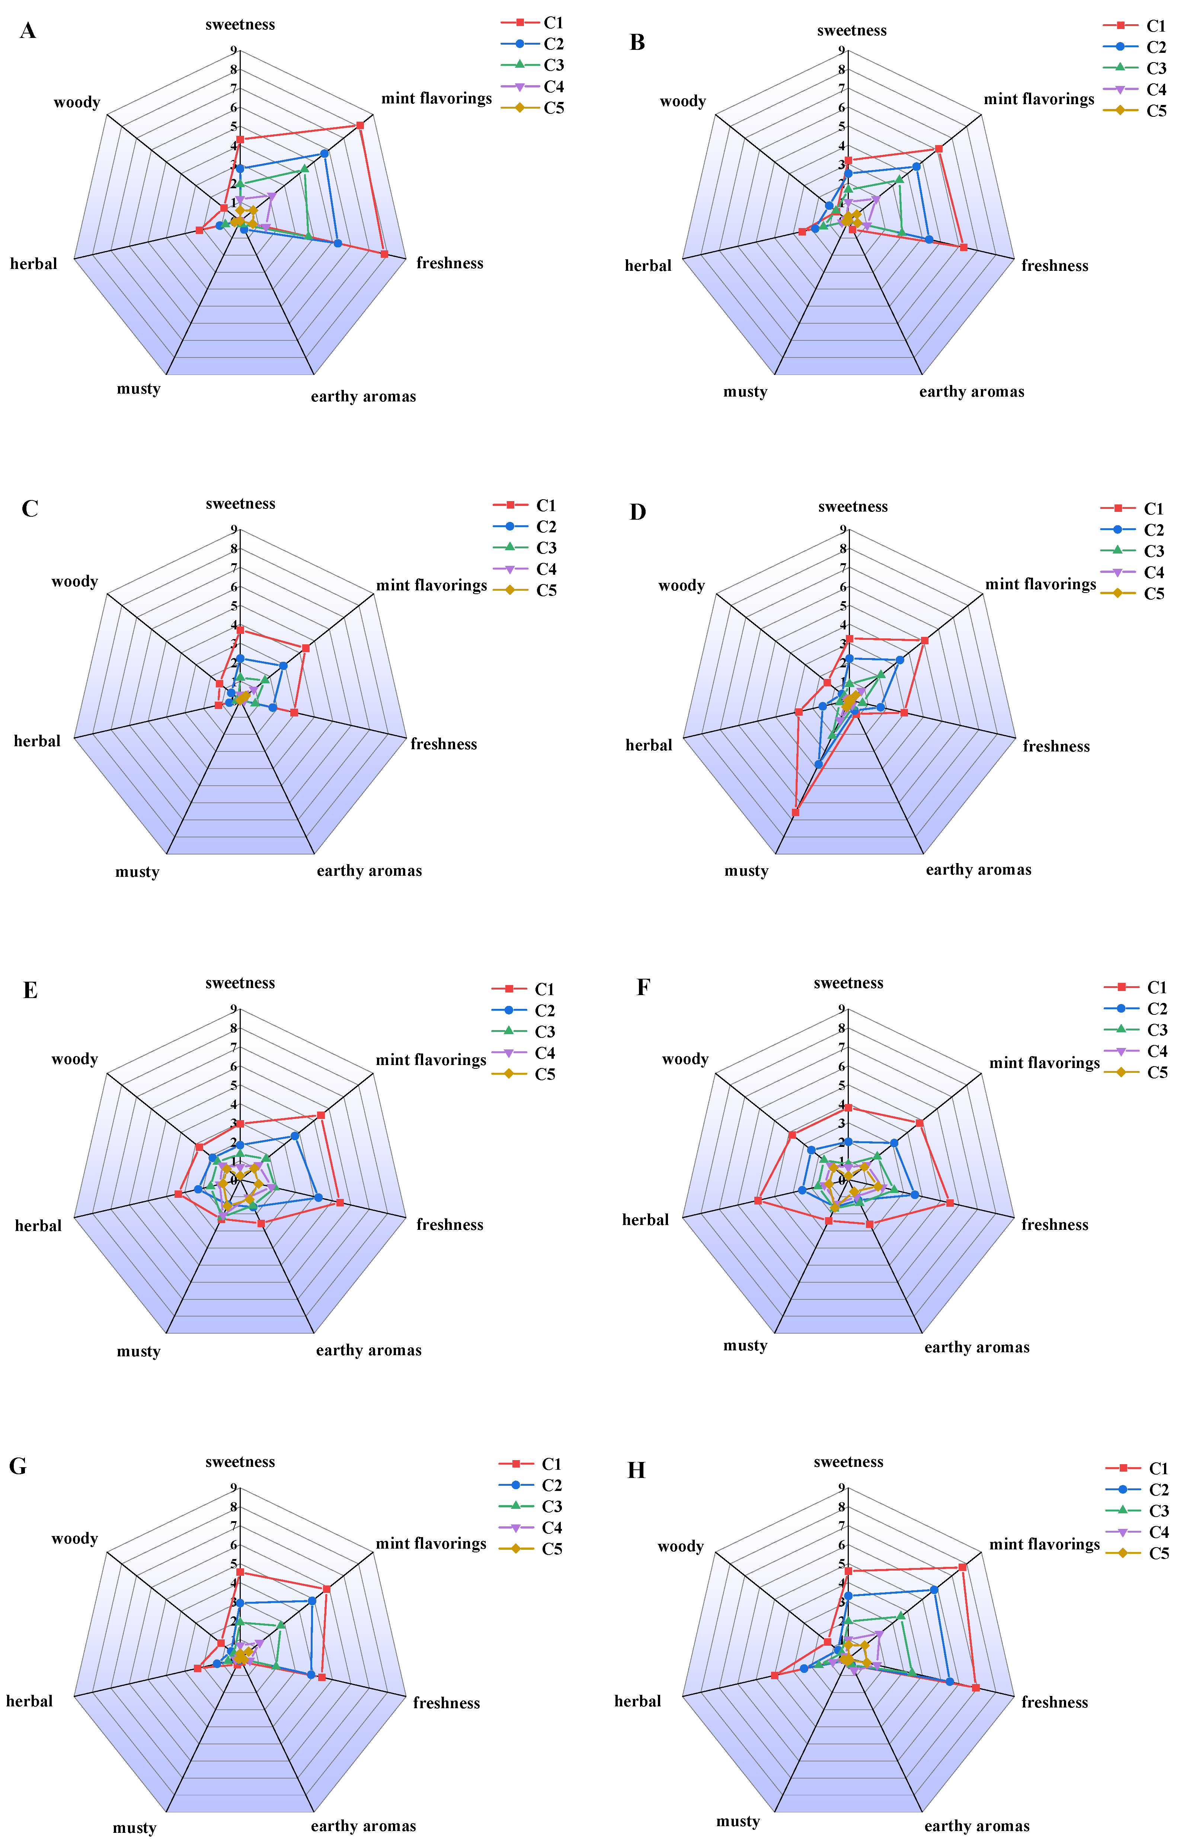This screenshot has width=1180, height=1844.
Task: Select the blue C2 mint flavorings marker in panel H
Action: (x=934, y=1590)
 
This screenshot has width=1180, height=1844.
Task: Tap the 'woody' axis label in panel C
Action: (x=74, y=581)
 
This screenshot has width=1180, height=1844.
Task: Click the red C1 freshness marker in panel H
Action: (x=975, y=1688)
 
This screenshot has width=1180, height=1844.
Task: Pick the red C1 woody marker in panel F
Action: (x=792, y=1135)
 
